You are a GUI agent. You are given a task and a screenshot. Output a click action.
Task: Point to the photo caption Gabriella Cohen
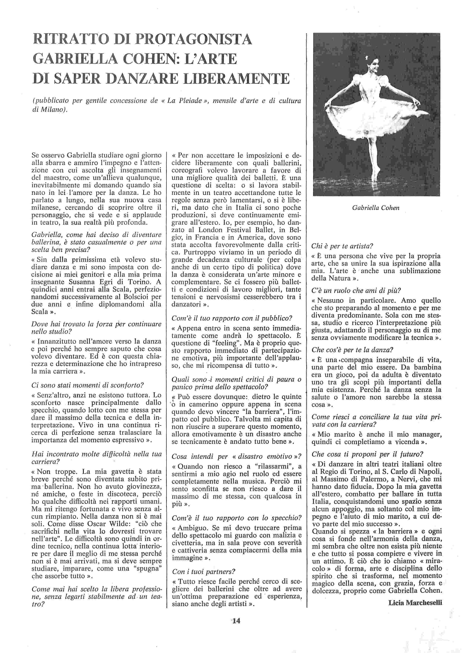(376, 208)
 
